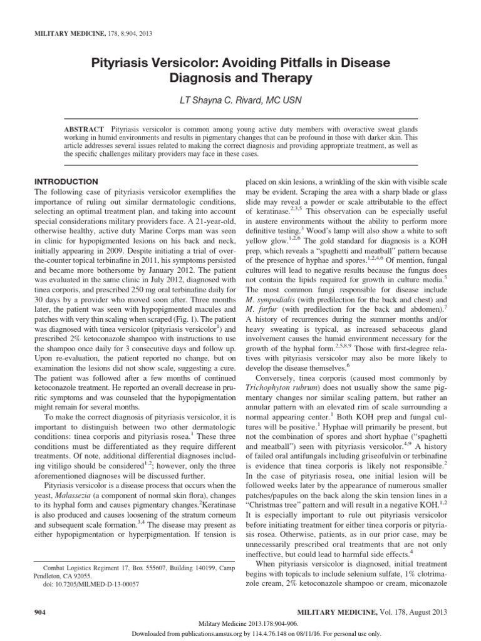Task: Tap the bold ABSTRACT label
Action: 84,128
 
